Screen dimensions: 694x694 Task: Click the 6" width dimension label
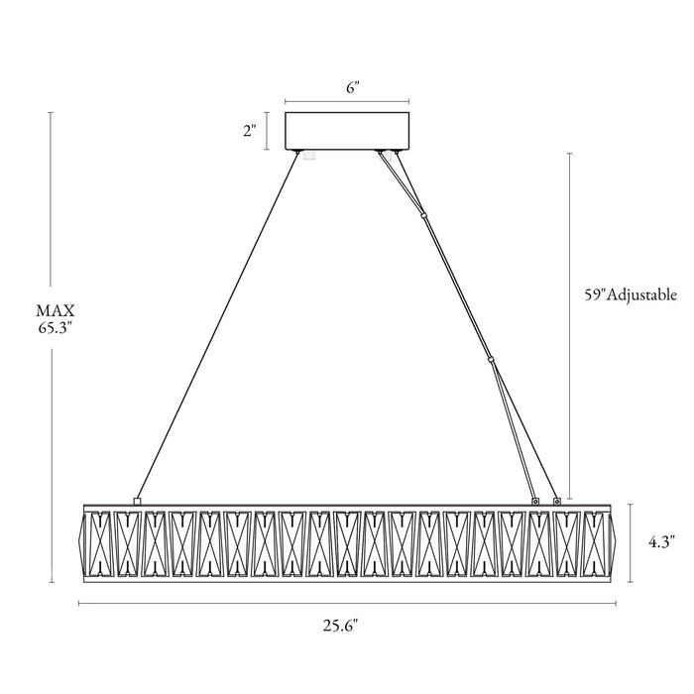pyautogui.click(x=351, y=87)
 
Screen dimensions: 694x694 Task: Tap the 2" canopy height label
pyautogui.click(x=250, y=131)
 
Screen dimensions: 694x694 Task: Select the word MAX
pyautogui.click(x=56, y=310)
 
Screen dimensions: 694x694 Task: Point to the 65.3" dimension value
pyautogui.click(x=56, y=329)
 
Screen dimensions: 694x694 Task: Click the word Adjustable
pyautogui.click(x=640, y=294)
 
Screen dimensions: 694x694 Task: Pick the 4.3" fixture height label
pyautogui.click(x=661, y=541)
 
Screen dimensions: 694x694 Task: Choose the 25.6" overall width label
pyautogui.click(x=340, y=626)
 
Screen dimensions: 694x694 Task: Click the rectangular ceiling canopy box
pyautogui.click(x=347, y=131)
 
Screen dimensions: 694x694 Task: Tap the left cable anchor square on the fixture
pyautogui.click(x=137, y=501)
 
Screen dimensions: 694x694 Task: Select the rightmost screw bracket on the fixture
pyautogui.click(x=557, y=501)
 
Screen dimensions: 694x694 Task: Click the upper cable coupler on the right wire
pyautogui.click(x=424, y=215)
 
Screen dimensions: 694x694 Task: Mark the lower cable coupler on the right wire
pyautogui.click(x=491, y=360)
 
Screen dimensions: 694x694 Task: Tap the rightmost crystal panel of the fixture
pyautogui.click(x=595, y=544)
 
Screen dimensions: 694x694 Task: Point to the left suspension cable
pyautogui.click(x=218, y=325)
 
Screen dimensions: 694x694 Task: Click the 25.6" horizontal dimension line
pyautogui.click(x=347, y=603)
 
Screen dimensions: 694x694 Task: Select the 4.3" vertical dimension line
pyautogui.click(x=631, y=542)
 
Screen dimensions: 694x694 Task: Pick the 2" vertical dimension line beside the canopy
pyautogui.click(x=268, y=131)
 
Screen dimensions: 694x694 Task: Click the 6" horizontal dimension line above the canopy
pyautogui.click(x=347, y=101)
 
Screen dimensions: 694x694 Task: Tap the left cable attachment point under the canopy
pyautogui.click(x=297, y=152)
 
